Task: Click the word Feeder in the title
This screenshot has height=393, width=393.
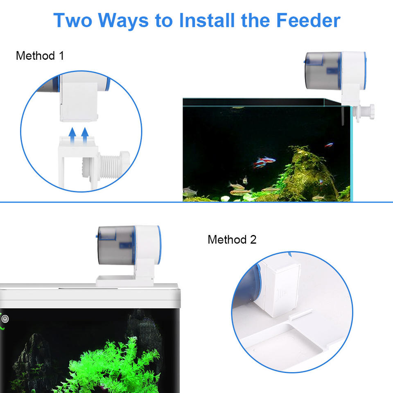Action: pos(308,20)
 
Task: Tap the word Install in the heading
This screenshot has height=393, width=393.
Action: pos(207,20)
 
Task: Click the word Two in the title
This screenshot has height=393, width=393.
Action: pos(73,20)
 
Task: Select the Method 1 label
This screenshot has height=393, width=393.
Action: pos(40,56)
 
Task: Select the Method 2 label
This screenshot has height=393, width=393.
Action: pos(232,239)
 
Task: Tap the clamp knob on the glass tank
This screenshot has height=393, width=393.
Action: pos(364,112)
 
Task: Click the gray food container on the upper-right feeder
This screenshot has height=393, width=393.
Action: pos(323,71)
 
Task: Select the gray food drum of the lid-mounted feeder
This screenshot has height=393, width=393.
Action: pos(116,245)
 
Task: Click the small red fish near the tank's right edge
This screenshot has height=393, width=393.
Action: pos(329,145)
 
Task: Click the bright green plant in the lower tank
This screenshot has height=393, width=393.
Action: pos(110,366)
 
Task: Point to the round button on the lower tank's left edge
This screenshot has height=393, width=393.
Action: pos(5,319)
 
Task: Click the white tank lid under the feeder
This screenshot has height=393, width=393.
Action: pos(90,296)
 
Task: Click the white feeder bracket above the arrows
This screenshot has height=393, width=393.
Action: pos(79,98)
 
